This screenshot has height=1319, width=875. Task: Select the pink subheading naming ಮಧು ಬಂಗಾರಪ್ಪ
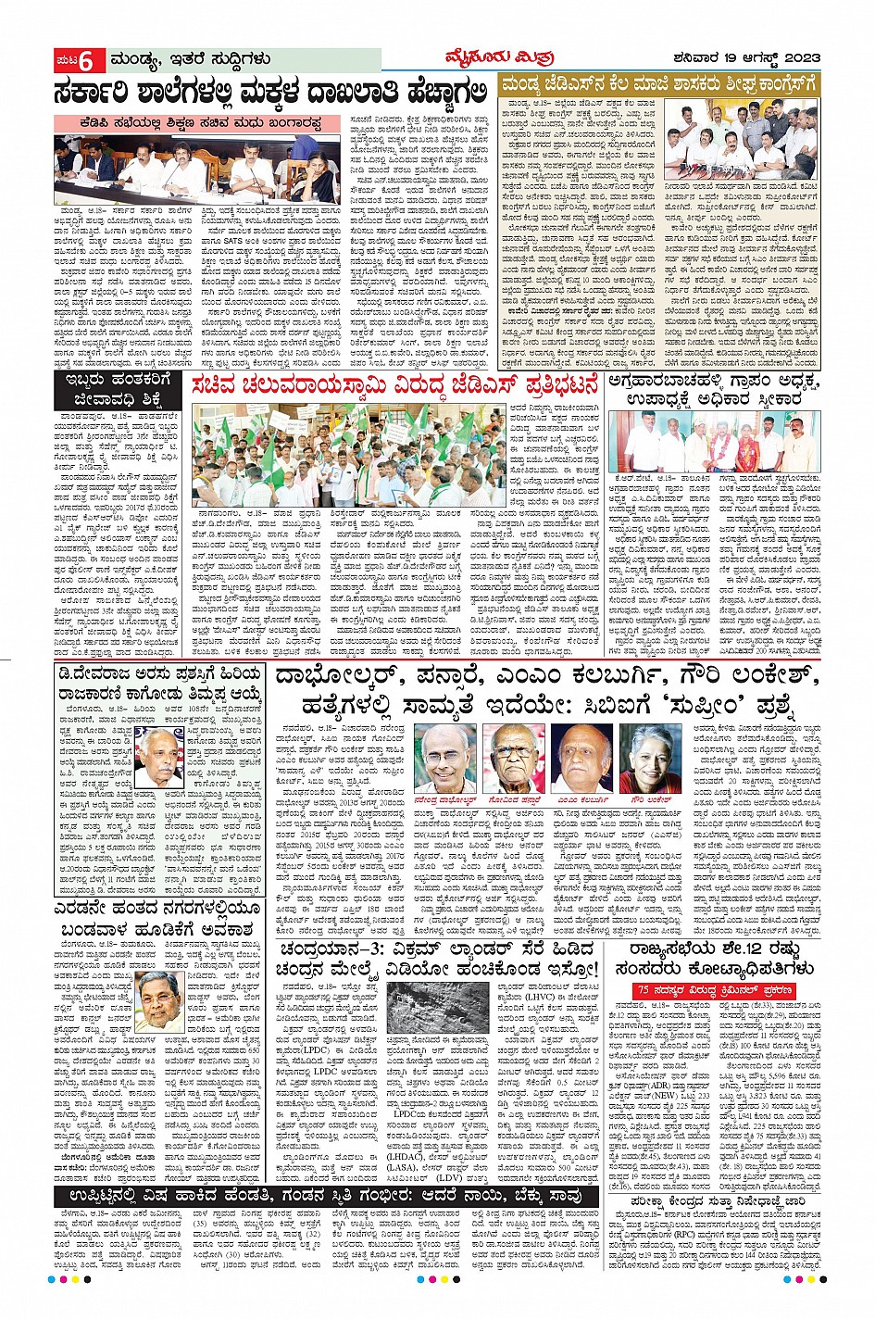click(x=206, y=122)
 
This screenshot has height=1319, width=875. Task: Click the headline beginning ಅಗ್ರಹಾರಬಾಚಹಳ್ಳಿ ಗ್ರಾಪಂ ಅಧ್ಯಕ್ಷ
click(x=711, y=390)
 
